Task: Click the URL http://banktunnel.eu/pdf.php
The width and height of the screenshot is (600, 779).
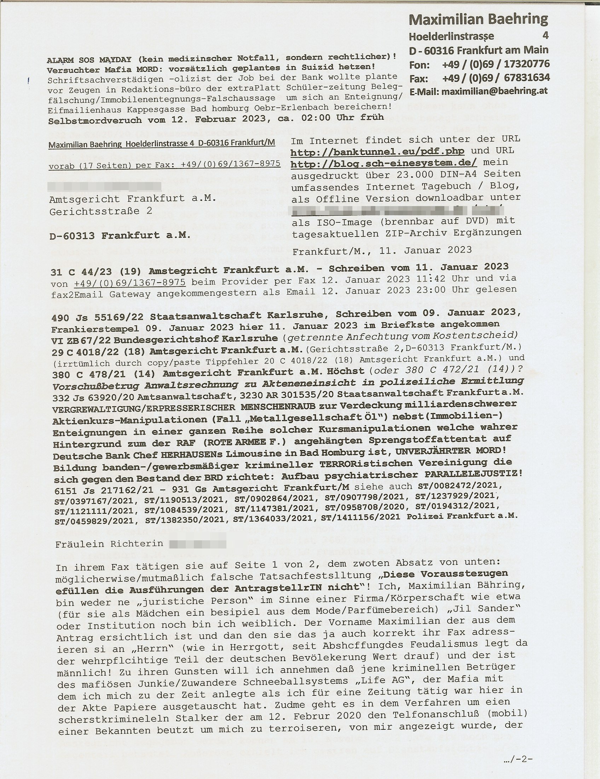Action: click(x=377, y=151)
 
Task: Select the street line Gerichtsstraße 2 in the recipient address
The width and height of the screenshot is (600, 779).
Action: click(x=101, y=211)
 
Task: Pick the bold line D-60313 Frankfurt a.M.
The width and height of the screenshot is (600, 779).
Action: click(x=120, y=235)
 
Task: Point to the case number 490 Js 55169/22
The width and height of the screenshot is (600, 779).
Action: click(x=98, y=317)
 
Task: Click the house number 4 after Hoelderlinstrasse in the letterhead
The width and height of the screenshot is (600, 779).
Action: click(x=545, y=35)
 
